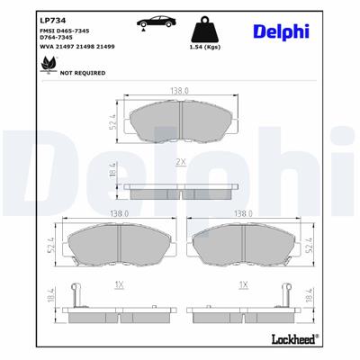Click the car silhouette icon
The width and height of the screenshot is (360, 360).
pos(146,22)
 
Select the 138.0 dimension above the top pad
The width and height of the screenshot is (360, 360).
pos(180,91)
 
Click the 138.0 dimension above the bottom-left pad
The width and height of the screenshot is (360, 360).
pos(118,214)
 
